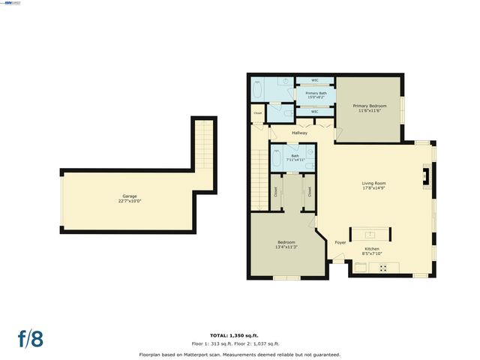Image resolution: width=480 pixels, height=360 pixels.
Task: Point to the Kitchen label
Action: (372, 250)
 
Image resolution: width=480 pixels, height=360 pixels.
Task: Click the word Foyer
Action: (340, 242)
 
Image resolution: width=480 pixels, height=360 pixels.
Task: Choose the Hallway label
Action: (300, 133)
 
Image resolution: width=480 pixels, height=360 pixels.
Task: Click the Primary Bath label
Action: (315, 94)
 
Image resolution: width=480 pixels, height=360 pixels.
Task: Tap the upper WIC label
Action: (316, 79)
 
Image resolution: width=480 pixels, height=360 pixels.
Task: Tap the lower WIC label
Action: (316, 111)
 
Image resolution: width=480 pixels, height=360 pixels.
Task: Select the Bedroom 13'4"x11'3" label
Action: (286, 244)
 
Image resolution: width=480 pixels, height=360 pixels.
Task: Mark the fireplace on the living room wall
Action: (427, 176)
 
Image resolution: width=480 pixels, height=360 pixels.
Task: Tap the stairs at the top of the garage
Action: (203, 146)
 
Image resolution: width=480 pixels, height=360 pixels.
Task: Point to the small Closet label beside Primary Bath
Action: (258, 113)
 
